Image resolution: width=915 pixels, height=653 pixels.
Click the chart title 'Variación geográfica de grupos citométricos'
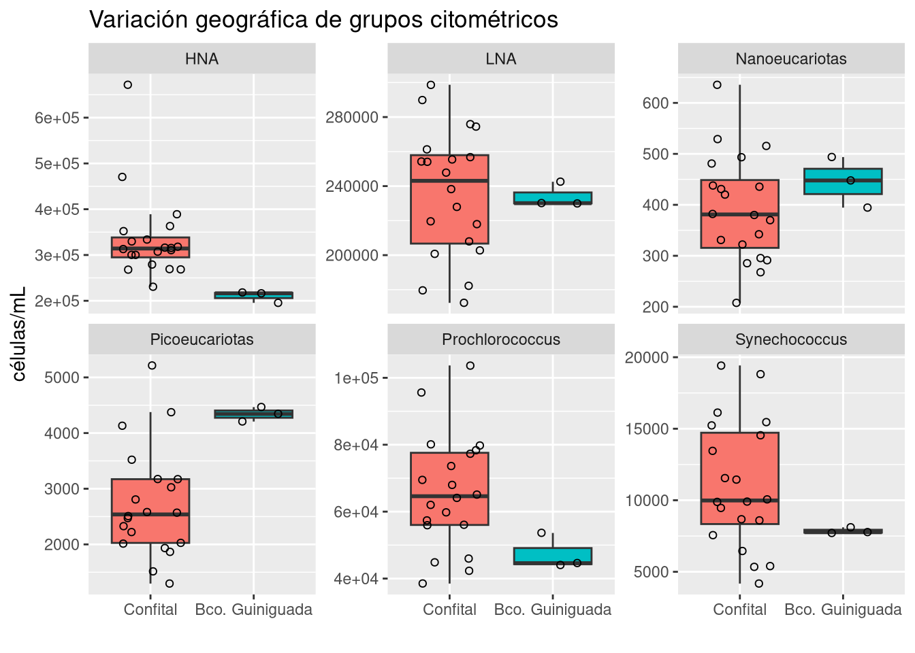[323, 20]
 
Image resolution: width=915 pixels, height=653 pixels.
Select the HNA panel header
[202, 59]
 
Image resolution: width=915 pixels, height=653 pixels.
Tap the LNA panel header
[501, 59]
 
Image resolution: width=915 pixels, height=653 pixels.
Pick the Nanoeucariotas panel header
[791, 59]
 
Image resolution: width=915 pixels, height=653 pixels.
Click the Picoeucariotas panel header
[202, 339]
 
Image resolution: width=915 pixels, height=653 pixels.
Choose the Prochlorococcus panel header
[501, 339]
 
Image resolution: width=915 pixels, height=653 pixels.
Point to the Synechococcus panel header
[791, 339]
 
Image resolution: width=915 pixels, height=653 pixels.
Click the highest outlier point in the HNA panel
[127, 85]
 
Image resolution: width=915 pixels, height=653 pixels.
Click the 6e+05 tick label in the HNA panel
[57, 118]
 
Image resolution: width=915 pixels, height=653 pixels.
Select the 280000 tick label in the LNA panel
[352, 118]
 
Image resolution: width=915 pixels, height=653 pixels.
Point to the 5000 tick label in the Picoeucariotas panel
[62, 378]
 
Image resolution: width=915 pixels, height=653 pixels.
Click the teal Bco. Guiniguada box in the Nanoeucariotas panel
[843, 182]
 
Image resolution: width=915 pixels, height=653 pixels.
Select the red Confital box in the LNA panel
[449, 199]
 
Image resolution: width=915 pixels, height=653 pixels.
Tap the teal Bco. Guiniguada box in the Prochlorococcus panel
[553, 556]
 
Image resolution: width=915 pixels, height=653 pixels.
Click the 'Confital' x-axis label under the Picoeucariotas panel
[150, 609]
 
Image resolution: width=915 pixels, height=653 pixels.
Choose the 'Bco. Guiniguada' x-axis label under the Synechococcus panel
[843, 609]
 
